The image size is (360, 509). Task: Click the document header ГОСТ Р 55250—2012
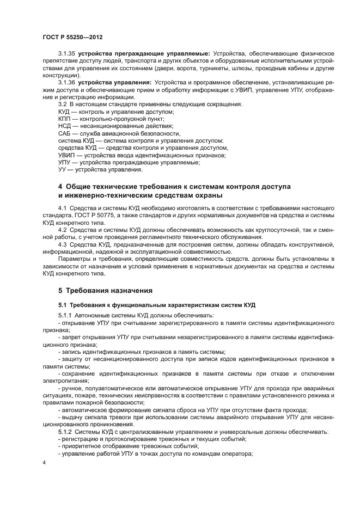pos(72,36)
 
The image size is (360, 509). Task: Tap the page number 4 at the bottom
pos(45,462)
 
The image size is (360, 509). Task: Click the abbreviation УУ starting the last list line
pos(63,169)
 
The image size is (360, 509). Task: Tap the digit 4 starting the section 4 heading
pos(60,187)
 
